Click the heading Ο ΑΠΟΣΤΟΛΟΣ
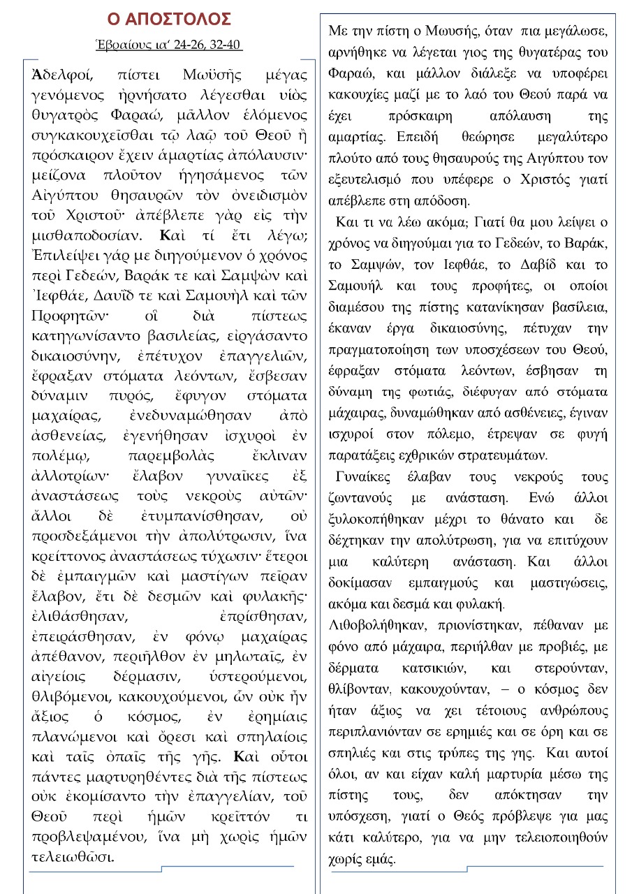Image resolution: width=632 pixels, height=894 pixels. (x=168, y=19)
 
